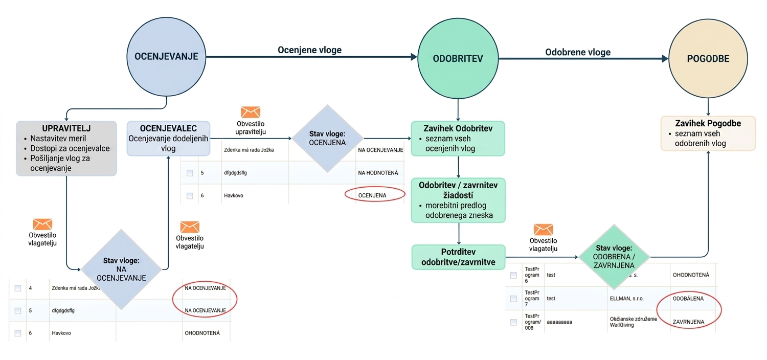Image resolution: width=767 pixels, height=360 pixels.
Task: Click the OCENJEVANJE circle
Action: tap(166, 57)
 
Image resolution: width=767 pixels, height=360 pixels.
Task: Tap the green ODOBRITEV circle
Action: tap(458, 59)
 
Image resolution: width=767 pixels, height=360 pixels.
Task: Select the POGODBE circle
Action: tap(708, 59)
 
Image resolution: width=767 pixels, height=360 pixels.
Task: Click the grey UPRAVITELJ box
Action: tap(66, 148)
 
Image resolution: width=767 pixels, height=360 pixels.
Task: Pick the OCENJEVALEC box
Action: tap(168, 139)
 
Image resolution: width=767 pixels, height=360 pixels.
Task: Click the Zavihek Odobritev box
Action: tap(458, 139)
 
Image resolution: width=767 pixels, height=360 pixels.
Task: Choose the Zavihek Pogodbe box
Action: tap(708, 133)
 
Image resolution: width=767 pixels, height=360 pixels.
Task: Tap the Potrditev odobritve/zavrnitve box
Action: tap(458, 257)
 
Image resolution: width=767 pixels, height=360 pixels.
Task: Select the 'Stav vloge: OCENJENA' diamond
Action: tap(327, 139)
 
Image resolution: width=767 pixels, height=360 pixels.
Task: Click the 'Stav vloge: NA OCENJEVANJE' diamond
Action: tap(121, 269)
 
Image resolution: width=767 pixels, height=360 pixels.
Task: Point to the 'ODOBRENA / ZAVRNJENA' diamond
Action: tap(614, 257)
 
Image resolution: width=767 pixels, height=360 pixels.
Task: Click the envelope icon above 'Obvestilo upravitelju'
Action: tap(251, 112)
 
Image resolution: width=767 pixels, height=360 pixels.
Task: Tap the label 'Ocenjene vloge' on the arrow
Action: tap(309, 50)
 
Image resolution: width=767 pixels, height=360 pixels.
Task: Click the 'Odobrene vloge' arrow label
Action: tap(578, 52)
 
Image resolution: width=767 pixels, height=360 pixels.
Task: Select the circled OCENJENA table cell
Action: tap(372, 195)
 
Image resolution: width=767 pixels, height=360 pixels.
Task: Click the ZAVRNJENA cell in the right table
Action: tap(689, 322)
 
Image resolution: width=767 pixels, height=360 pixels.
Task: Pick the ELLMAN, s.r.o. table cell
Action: tap(626, 299)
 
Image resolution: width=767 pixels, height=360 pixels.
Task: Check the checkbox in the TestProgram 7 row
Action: tap(513, 299)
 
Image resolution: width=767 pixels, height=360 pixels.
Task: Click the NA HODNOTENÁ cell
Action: tap(378, 173)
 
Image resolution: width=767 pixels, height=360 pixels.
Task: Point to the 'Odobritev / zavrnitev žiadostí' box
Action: tap(458, 200)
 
